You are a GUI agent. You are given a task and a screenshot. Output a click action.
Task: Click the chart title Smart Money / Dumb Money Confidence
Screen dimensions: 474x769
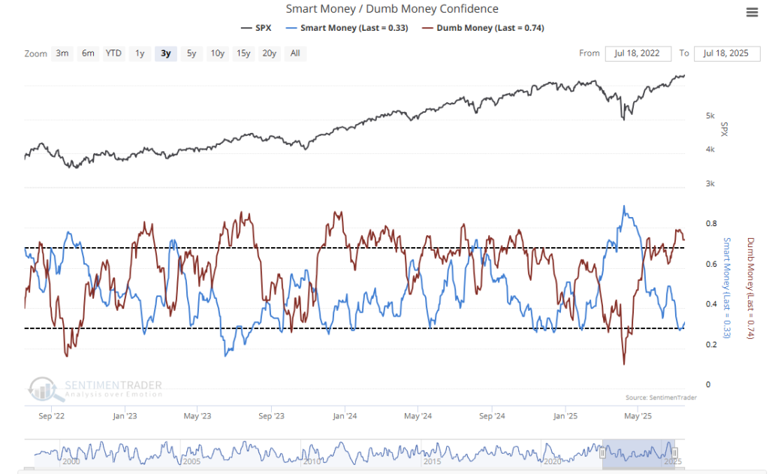[392, 9]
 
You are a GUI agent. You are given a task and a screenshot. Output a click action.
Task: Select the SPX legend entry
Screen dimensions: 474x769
[258, 28]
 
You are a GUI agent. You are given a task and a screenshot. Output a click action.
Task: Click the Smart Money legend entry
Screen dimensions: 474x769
[347, 28]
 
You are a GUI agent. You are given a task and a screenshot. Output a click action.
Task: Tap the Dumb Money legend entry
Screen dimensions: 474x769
[483, 28]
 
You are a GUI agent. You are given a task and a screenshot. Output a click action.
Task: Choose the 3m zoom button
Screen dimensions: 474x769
[62, 53]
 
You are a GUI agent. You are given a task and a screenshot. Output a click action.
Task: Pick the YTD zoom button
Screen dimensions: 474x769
[113, 53]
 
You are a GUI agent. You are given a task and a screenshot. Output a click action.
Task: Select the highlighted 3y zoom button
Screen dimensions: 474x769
[166, 53]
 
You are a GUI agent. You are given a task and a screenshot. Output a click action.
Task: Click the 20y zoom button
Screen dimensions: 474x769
[269, 53]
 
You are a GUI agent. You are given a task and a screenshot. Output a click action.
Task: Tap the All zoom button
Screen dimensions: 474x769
[295, 53]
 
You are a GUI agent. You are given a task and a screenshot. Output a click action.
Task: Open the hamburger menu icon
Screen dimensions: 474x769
[752, 12]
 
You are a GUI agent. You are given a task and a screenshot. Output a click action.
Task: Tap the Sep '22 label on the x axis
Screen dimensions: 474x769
[50, 415]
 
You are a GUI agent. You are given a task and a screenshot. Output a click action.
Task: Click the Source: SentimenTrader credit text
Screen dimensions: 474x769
[660, 397]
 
